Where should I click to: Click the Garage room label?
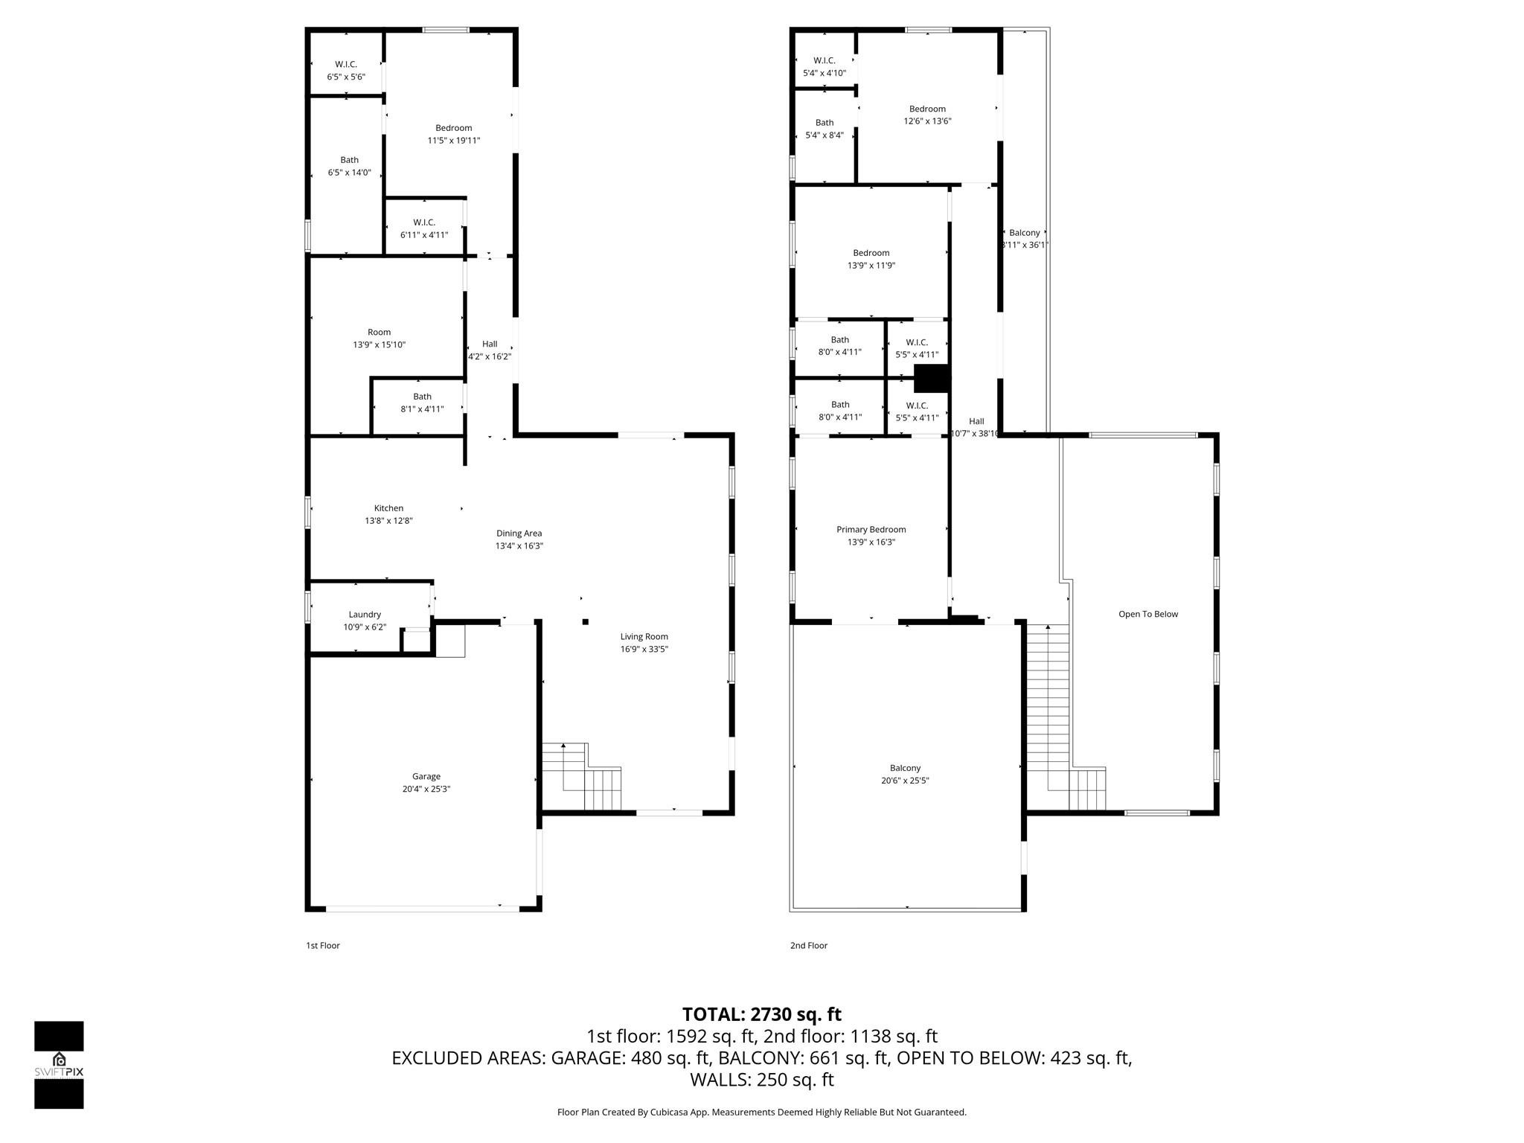[426, 782]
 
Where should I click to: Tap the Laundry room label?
[365, 621]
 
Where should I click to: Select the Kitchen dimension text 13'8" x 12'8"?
[388, 521]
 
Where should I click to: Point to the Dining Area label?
[519, 534]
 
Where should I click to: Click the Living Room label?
[644, 637]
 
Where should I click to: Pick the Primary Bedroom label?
[871, 530]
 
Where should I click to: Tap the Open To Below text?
[1147, 615]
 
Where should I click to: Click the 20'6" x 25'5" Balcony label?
[905, 774]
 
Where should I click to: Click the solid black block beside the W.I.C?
[932, 378]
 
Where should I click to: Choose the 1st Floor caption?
[323, 946]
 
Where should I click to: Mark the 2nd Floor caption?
[808, 946]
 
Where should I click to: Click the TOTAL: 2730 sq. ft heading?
[761, 1014]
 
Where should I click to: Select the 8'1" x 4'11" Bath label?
[422, 403]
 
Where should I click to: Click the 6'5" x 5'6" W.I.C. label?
[346, 71]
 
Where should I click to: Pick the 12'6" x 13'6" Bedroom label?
[927, 115]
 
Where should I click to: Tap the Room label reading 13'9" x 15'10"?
[379, 339]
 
